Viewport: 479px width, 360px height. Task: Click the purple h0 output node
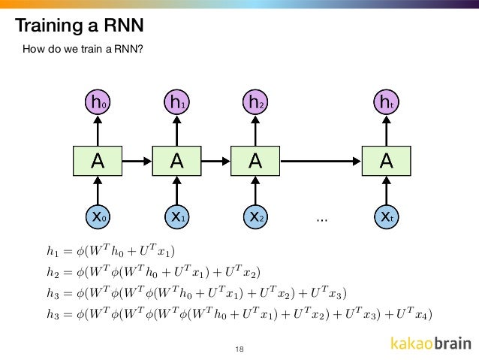pos(98,102)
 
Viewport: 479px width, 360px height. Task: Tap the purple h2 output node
pos(256,102)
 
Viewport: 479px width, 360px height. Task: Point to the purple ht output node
pos(387,102)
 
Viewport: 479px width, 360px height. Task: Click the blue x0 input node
pos(98,216)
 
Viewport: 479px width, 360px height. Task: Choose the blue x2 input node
pos(256,216)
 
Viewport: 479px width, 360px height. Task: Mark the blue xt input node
pos(387,216)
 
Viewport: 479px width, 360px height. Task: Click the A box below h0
pos(98,159)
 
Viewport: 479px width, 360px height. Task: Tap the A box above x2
pos(256,159)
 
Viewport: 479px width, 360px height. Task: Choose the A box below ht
pos(387,159)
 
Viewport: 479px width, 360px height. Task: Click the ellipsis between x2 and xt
pos(322,219)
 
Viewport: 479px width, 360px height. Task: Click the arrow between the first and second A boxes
pos(137,159)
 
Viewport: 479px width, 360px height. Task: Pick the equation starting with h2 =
pos(153,270)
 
